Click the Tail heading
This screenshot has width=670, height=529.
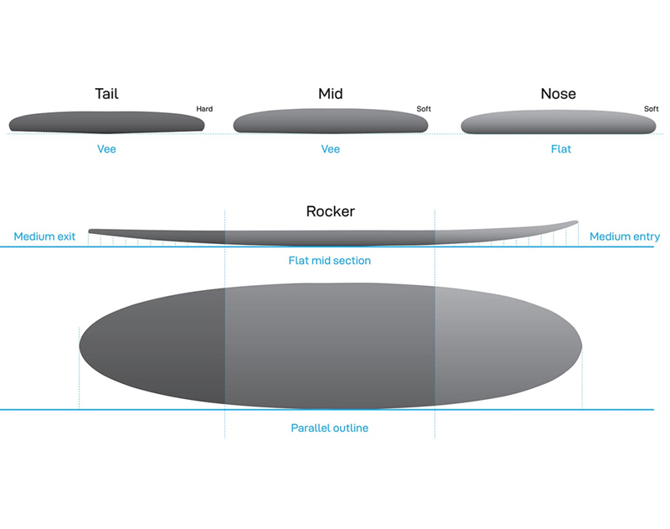[106, 94]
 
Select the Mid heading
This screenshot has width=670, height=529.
[330, 94]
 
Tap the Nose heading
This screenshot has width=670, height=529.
[558, 94]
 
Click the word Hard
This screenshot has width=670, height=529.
[204, 109]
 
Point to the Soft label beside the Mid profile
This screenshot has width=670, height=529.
[424, 109]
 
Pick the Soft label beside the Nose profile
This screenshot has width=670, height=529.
[652, 109]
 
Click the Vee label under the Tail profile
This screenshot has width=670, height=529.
[106, 149]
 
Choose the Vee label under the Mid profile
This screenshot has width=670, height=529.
[330, 149]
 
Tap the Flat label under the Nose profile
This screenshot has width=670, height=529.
[560, 149]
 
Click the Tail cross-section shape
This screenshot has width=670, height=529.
[106, 122]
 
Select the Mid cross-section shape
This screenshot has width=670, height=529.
[330, 121]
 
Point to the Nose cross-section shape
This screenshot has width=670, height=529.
[558, 122]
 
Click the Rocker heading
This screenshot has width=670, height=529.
[330, 211]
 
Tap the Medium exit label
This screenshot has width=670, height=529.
[44, 236]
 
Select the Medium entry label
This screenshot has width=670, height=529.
[625, 236]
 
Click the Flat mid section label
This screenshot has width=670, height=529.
[329, 261]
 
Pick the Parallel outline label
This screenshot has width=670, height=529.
[329, 428]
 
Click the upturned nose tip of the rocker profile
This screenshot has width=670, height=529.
[577, 221]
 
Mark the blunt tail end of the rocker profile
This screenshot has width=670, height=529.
[90, 231]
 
